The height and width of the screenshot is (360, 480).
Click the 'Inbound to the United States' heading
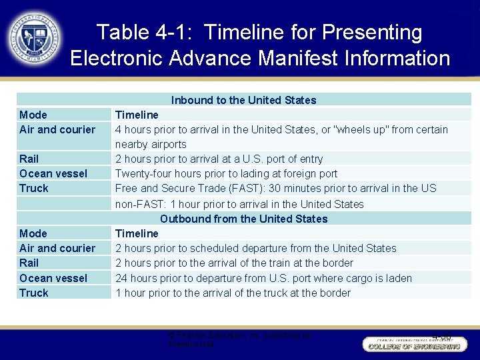[243, 100]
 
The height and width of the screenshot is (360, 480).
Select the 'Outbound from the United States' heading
[243, 219]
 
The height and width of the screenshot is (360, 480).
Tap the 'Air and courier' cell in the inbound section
[57, 129]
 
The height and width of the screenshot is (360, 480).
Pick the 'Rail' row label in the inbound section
[29, 159]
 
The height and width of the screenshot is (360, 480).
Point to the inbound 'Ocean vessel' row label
[53, 173]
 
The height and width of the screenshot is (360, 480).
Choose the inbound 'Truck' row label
[34, 188]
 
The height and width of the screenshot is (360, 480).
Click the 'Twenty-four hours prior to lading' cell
[226, 173]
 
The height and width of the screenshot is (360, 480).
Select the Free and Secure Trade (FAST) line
[275, 188]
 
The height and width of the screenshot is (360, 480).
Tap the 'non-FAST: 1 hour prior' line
[239, 204]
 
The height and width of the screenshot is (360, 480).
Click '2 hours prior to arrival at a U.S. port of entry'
[219, 159]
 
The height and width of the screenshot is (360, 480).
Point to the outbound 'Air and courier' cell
[57, 248]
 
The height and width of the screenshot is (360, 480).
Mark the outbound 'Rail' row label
[29, 263]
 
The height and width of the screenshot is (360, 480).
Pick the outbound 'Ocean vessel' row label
[53, 278]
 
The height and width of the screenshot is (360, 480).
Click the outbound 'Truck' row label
[34, 293]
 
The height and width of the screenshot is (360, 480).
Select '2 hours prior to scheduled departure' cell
[255, 248]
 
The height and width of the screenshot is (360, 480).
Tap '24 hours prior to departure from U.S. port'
[263, 278]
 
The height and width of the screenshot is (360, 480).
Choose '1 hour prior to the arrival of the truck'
[233, 293]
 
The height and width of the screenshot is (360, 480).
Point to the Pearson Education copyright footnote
[240, 340]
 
